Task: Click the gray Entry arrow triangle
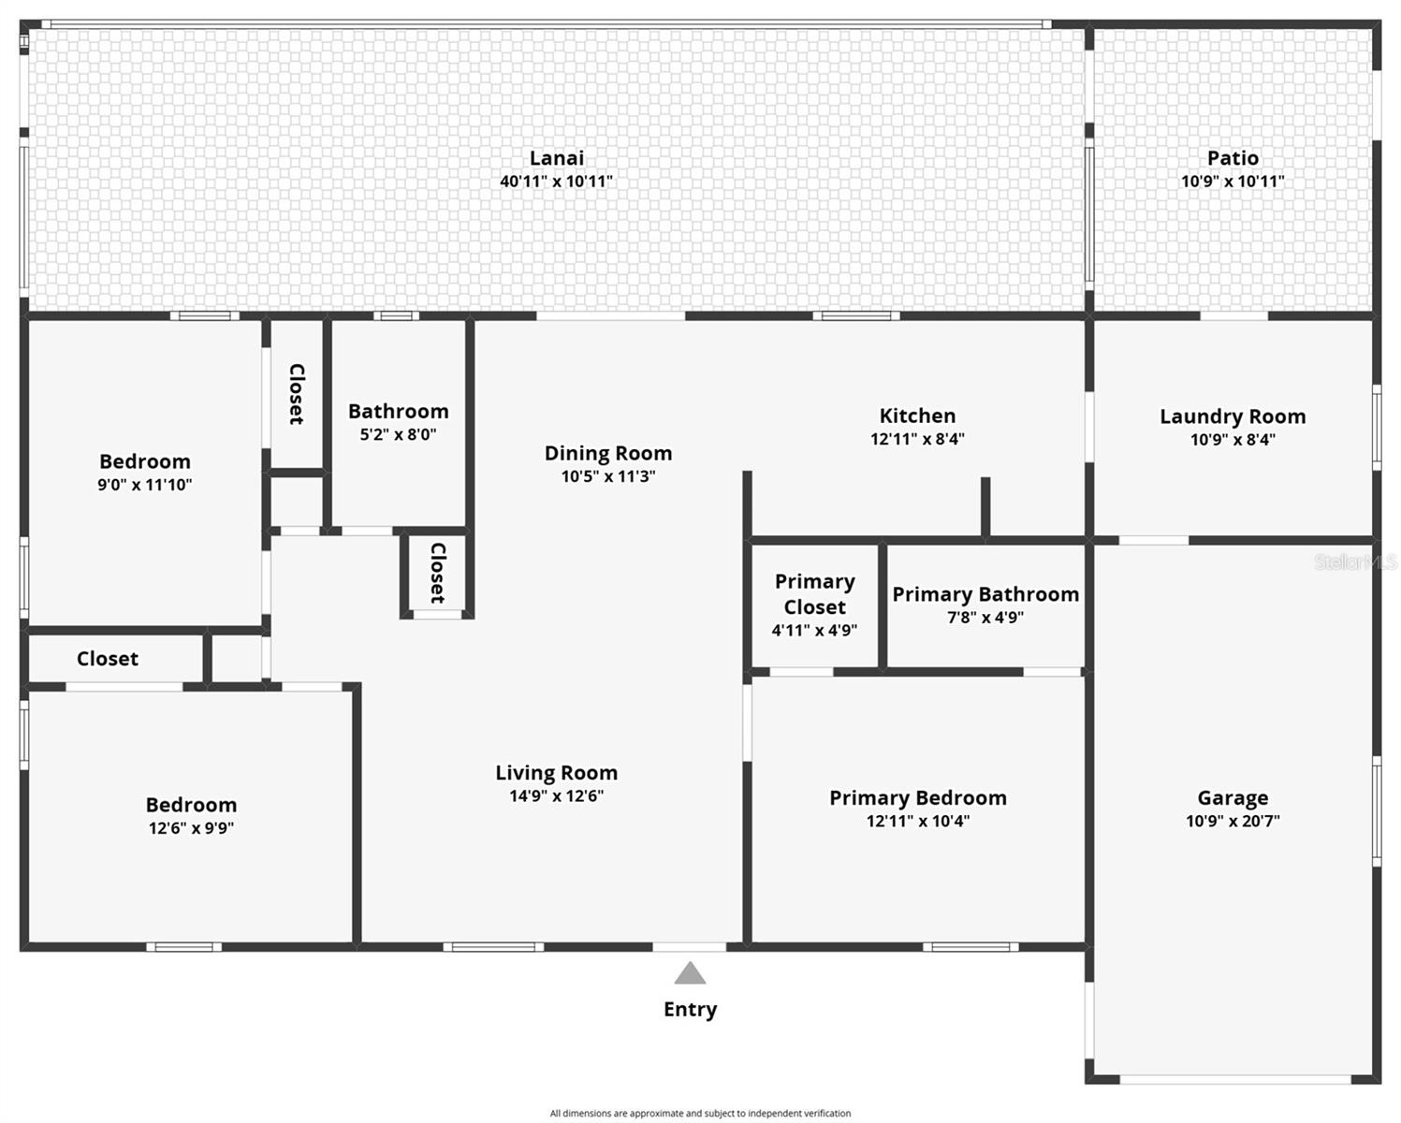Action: click(x=690, y=974)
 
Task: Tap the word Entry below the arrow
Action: click(x=690, y=1009)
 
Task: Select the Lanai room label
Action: click(x=557, y=158)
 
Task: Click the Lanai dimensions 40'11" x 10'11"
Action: click(x=557, y=182)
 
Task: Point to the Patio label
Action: click(x=1233, y=158)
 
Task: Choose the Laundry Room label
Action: click(x=1233, y=416)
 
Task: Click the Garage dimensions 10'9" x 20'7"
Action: click(x=1233, y=822)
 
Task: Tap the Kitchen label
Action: click(x=917, y=416)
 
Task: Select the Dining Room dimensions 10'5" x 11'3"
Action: click(x=608, y=476)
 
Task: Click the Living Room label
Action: click(x=557, y=773)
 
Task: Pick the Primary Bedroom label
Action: click(x=918, y=798)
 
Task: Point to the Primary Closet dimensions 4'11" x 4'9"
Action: click(x=814, y=631)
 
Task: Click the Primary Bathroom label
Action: click(x=985, y=594)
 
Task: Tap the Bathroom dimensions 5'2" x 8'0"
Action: click(x=399, y=434)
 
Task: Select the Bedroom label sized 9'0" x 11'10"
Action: click(x=145, y=461)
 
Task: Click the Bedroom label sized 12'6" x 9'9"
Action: click(x=191, y=805)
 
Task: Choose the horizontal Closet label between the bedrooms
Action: click(x=108, y=659)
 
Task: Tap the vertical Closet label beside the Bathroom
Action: click(x=297, y=394)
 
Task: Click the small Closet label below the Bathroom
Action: click(x=437, y=572)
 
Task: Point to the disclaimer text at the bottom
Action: click(x=700, y=1114)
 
